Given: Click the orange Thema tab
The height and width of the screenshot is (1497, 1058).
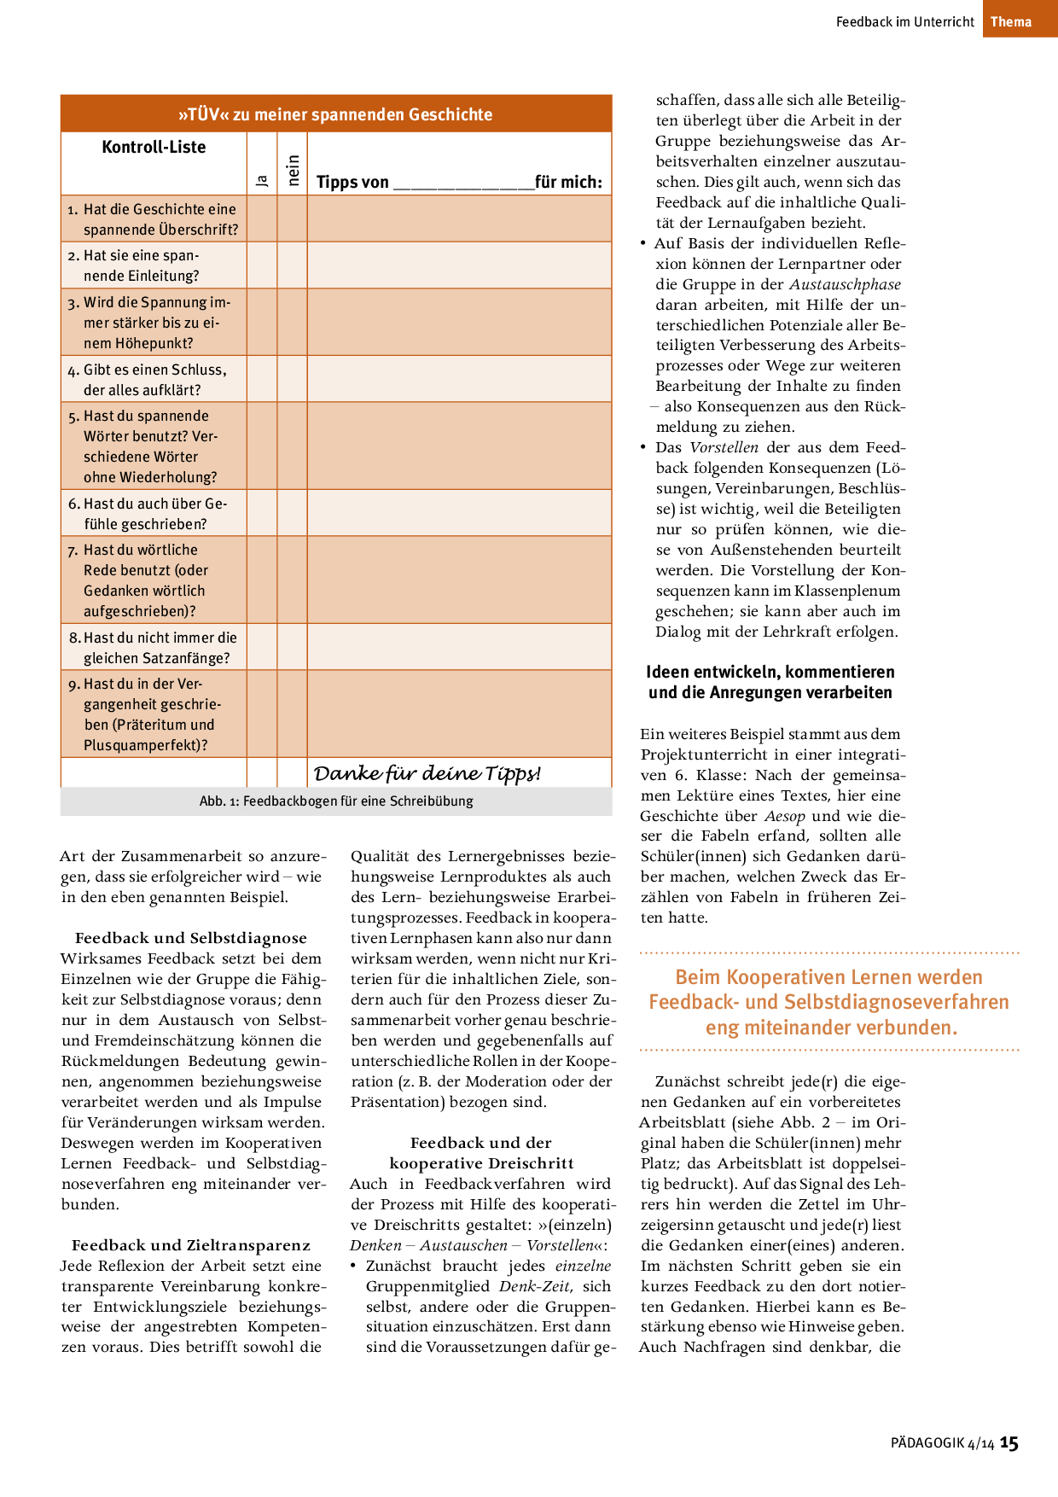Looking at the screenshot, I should click(1011, 21).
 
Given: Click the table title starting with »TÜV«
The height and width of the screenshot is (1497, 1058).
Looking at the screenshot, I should click(335, 114).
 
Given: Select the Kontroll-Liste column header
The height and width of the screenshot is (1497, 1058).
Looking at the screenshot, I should click(154, 147).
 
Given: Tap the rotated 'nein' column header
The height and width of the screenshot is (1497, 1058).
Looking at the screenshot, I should click(293, 170).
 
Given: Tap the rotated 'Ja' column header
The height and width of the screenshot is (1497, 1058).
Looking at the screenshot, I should click(262, 180).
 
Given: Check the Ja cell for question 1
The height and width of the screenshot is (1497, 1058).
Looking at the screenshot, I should click(262, 218).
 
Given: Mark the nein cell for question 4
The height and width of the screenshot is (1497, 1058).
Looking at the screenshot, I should click(293, 379).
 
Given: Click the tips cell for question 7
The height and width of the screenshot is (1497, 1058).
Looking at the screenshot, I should click(459, 580).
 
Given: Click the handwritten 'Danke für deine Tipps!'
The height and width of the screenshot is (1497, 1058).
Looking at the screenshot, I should click(427, 773).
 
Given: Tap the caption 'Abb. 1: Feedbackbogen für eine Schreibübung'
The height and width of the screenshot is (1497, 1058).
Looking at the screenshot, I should click(336, 801).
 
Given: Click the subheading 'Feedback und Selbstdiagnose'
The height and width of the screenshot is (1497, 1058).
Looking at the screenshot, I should click(191, 938).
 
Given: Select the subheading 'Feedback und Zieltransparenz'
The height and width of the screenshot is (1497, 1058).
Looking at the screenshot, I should click(191, 1245).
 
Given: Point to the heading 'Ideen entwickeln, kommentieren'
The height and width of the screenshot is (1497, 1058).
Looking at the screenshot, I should click(770, 673).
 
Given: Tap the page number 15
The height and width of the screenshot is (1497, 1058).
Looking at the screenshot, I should click(1009, 1443).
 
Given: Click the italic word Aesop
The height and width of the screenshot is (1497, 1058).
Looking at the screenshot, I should click(784, 816).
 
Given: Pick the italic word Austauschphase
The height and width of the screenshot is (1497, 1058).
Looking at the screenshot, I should click(845, 284).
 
